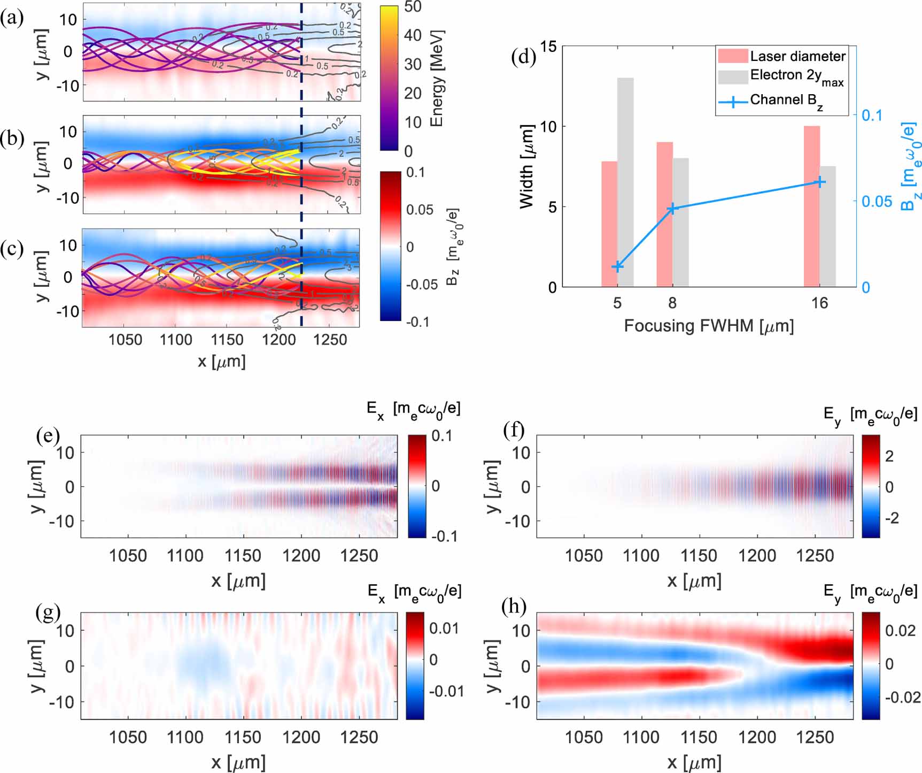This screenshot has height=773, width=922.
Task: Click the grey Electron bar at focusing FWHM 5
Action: pyautogui.click(x=625, y=182)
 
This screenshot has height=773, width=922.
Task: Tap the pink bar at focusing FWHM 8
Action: pyautogui.click(x=664, y=214)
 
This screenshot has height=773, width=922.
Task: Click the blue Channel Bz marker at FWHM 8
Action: pyautogui.click(x=672, y=209)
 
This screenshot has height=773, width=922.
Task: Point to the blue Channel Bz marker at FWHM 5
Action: pyautogui.click(x=617, y=266)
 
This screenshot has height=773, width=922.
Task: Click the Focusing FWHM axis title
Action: pyautogui.click(x=709, y=326)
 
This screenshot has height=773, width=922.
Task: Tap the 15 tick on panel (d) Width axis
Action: pyautogui.click(x=547, y=47)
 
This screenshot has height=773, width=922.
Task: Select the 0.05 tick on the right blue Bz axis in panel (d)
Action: pyautogui.click(x=877, y=201)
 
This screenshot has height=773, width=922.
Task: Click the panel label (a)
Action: pyautogui.click(x=12, y=19)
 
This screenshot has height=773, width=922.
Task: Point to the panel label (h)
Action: pyautogui.click(x=514, y=607)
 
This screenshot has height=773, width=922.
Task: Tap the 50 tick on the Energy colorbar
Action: pyautogui.click(x=413, y=7)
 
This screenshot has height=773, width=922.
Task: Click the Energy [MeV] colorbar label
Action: pyautogui.click(x=437, y=78)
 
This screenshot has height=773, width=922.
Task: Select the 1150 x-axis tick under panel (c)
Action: pyautogui.click(x=227, y=340)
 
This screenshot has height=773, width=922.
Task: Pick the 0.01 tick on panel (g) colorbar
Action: pyautogui.click(x=444, y=628)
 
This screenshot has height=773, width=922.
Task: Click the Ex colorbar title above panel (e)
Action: pyautogui.click(x=413, y=409)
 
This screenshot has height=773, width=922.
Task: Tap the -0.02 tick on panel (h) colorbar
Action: pyautogui.click(x=902, y=698)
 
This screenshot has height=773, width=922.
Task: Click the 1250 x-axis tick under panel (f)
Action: pyautogui.click(x=815, y=556)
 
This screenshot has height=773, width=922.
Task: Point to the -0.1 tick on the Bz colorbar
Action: pyautogui.click(x=417, y=322)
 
